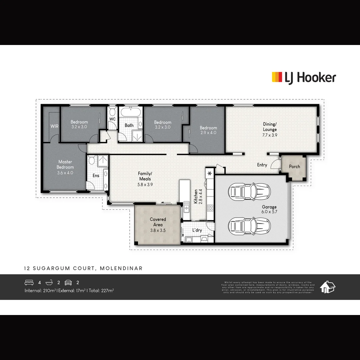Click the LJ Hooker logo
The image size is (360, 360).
304,78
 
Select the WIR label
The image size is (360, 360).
54,126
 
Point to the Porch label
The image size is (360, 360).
294,166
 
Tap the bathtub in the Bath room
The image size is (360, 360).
131,112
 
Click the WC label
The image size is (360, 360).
112,119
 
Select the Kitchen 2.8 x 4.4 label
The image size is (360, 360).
198,197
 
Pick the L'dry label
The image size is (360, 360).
197,230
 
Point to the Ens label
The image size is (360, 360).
96,176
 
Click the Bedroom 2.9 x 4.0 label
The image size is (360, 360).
208,130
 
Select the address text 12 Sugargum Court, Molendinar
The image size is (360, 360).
83,268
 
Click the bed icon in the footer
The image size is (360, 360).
29,283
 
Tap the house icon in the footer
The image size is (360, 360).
328,287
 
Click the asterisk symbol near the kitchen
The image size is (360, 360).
210,173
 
